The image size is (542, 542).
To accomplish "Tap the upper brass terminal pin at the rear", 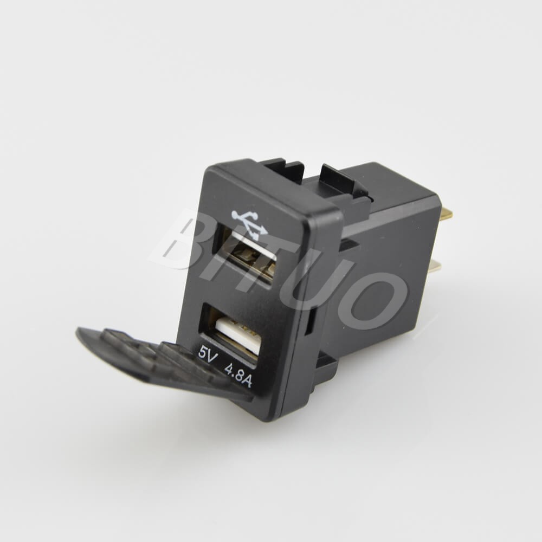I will [446, 215].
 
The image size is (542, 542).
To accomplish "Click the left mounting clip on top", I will [282, 168].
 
